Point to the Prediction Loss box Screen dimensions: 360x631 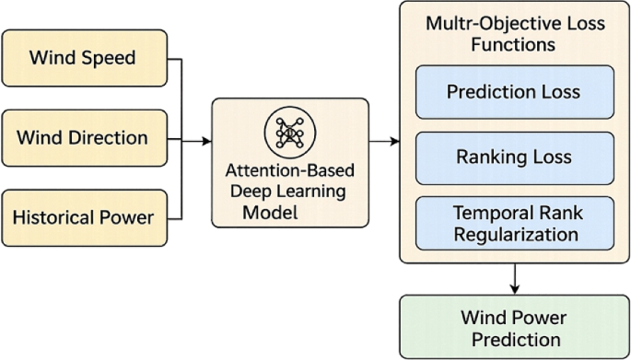coord(513,92)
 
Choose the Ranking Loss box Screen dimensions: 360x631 coord(513,157)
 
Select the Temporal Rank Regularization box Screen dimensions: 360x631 coord(513,224)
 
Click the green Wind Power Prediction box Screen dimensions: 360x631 coord(513,327)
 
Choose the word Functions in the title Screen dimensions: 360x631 coord(513,43)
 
